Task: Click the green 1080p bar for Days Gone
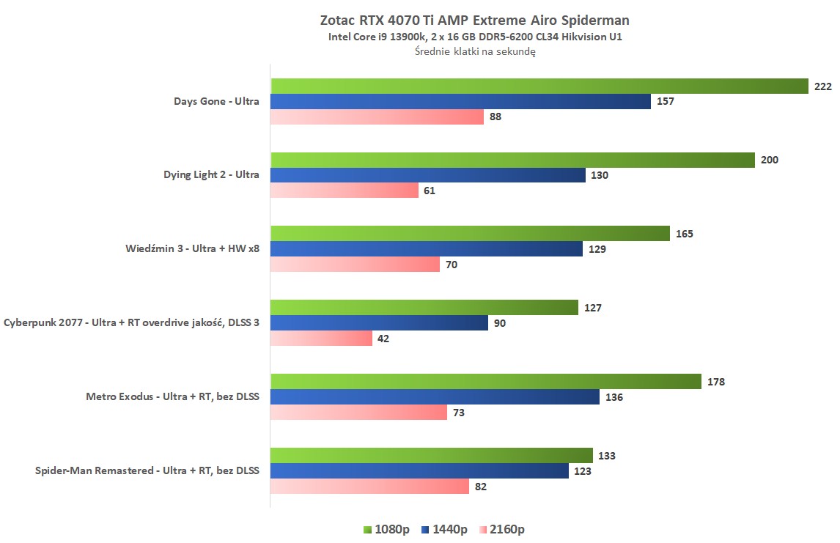click(539, 86)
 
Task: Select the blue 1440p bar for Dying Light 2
click(427, 175)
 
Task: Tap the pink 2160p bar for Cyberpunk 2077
click(321, 339)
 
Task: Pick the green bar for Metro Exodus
click(486, 381)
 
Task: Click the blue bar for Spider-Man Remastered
click(419, 471)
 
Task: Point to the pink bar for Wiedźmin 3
click(355, 265)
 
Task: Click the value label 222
click(822, 86)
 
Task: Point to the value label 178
click(715, 381)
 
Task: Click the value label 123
click(582, 471)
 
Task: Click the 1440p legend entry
click(444, 529)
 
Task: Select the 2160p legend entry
click(502, 529)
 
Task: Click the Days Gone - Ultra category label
click(216, 101)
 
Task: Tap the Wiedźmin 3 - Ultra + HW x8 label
click(192, 248)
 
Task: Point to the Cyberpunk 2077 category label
click(131, 322)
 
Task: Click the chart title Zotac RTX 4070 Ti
click(474, 20)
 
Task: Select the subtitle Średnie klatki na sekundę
click(474, 51)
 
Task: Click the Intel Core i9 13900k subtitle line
click(474, 37)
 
